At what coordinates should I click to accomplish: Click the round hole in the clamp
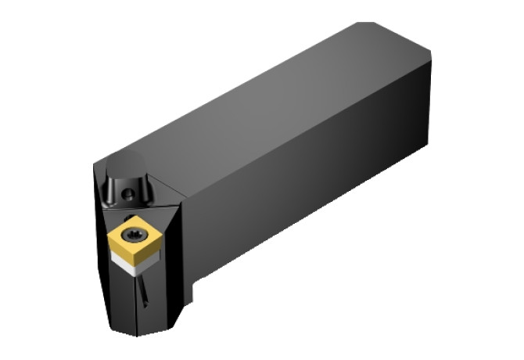pos(128,190)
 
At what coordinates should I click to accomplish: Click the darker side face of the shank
pos(313,188)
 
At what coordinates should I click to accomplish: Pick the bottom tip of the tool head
pos(145,333)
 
